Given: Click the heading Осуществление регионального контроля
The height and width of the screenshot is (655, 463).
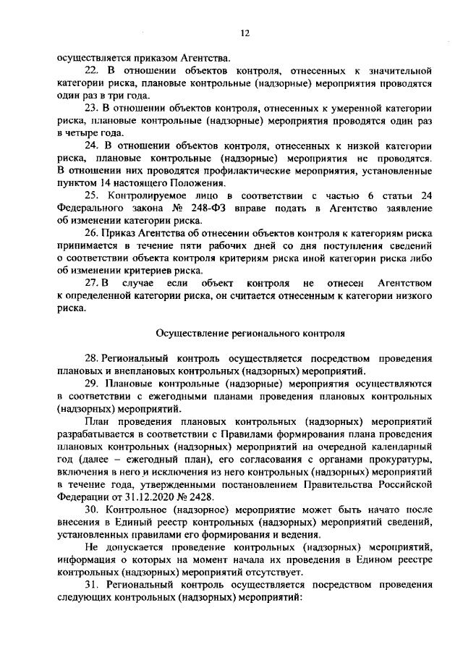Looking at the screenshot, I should coord(245,334).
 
